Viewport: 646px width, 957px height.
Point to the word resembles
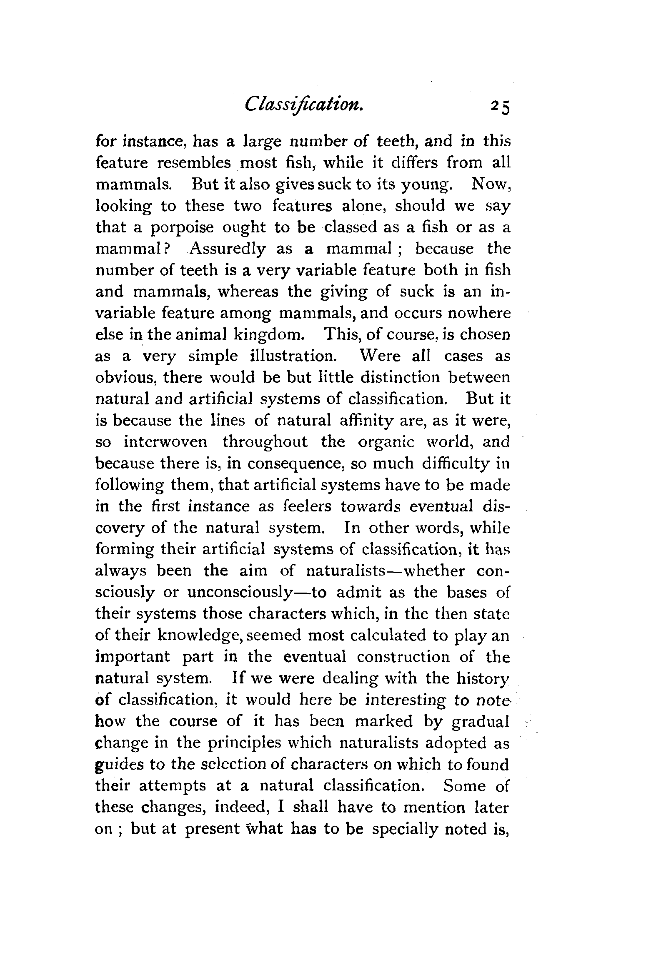click(193, 163)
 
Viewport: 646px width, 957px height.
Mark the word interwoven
click(166, 442)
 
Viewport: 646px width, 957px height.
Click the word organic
click(386, 442)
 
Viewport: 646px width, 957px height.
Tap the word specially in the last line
click(404, 829)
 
